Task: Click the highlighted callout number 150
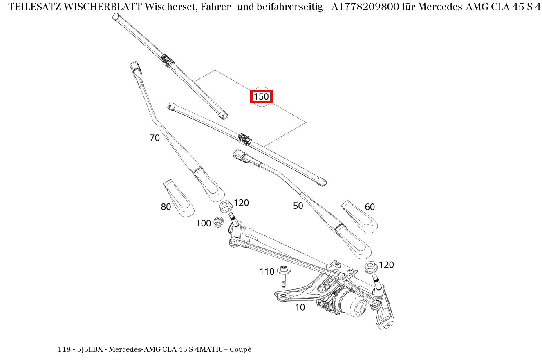261,97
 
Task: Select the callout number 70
155,138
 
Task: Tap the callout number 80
166,207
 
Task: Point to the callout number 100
203,223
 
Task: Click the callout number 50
298,206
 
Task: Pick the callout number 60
370,207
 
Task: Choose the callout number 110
267,272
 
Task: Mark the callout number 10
300,308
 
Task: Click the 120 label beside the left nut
241,203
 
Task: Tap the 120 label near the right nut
386,265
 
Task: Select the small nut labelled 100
219,222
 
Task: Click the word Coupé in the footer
241,349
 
